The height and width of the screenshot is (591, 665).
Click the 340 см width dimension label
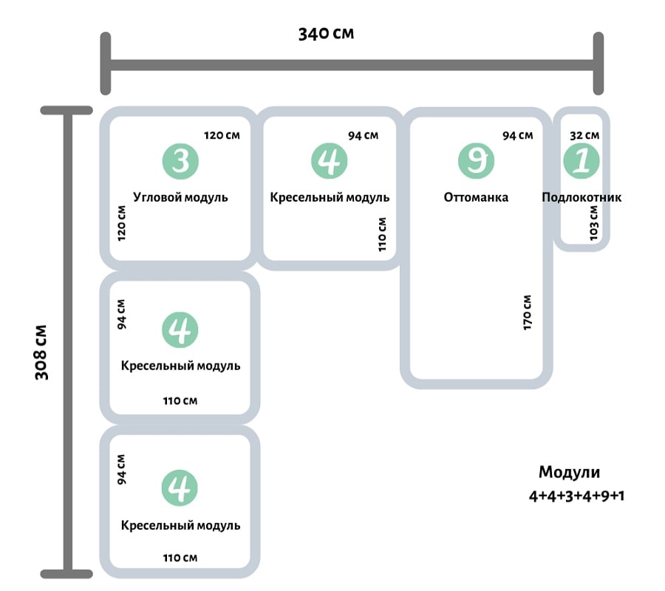coord(326,34)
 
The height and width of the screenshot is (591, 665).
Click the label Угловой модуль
coord(180,197)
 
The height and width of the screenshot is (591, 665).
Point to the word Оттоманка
coord(476,197)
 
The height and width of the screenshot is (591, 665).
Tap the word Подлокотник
coord(582,197)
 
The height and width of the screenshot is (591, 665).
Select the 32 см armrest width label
coord(584,135)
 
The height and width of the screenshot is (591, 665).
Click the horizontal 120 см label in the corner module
coord(222,135)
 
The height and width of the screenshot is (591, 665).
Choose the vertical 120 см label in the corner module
coord(122,222)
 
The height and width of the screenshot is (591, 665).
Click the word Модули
coord(569,473)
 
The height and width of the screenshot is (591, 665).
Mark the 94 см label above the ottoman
coord(517,135)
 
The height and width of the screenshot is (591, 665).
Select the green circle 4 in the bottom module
coord(180,488)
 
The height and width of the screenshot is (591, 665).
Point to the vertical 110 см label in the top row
coord(382,234)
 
